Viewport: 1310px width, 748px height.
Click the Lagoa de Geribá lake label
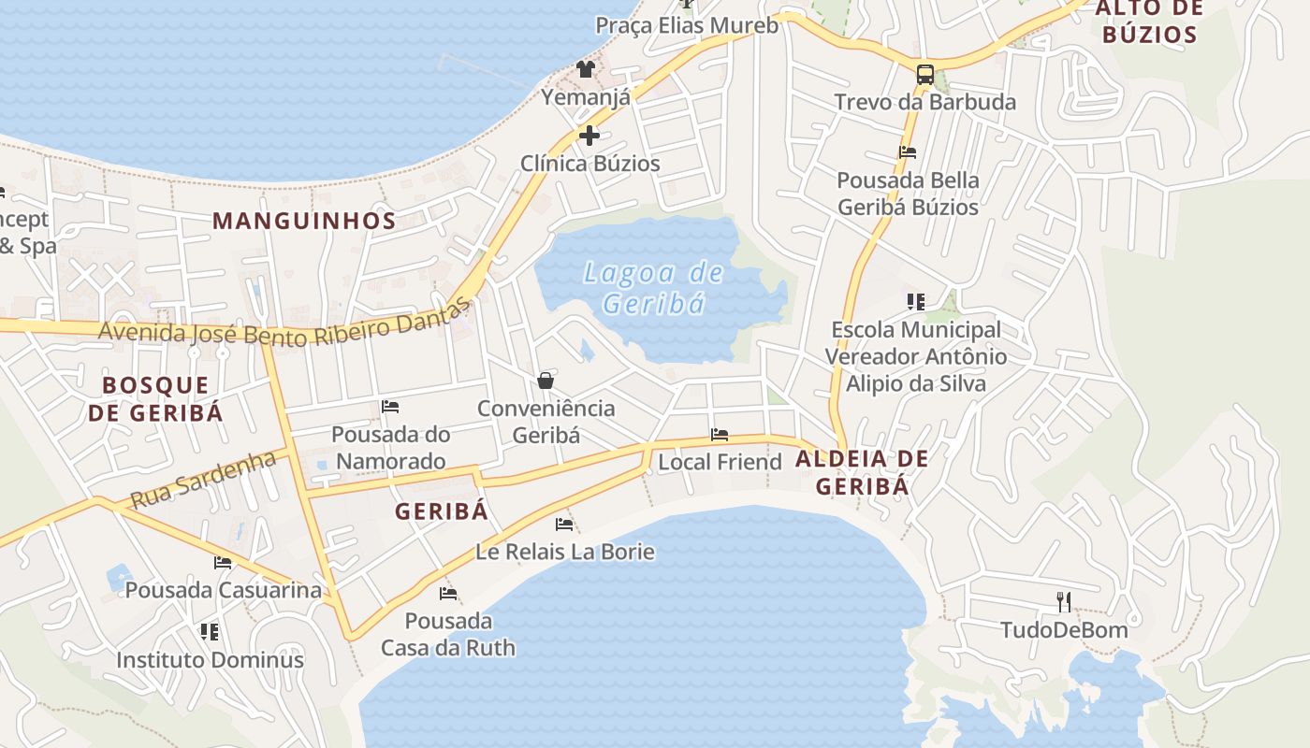point(653,287)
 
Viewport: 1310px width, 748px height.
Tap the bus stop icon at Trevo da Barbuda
point(924,74)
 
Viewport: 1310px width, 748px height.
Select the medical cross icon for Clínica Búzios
point(589,137)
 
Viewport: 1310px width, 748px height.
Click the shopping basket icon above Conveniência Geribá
point(546,381)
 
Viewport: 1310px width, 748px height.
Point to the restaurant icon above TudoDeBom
point(1063,601)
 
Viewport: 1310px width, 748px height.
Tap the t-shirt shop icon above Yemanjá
point(586,68)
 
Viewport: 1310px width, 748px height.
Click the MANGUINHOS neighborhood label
point(304,221)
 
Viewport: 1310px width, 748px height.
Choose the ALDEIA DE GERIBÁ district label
point(862,472)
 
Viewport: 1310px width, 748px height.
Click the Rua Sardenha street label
point(203,480)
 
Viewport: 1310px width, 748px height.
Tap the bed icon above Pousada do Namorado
point(390,407)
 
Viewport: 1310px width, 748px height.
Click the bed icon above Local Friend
point(720,435)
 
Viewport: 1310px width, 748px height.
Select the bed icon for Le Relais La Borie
point(564,525)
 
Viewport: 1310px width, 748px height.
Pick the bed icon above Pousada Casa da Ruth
point(448,593)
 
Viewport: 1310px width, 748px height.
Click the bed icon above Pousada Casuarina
point(223,563)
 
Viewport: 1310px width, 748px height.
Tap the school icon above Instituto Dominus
point(210,632)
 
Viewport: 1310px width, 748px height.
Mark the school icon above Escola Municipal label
point(915,302)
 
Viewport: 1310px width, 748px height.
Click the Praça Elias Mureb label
point(687,25)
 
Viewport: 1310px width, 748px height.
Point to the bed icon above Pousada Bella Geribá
point(907,151)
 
